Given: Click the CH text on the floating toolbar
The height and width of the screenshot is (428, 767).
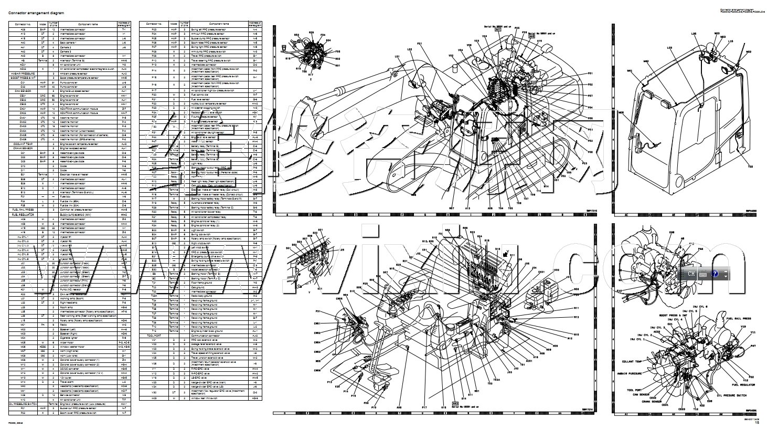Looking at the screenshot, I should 691,274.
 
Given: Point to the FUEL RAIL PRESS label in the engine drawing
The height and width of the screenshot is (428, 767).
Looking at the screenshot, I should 739,319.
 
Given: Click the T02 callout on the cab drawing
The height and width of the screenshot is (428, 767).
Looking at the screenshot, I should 750,166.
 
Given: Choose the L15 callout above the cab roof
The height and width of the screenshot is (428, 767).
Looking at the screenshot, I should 731,40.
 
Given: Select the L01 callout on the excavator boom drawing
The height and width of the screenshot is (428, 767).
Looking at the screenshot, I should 397,56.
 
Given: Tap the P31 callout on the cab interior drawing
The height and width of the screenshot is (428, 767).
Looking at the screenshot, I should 317,311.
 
